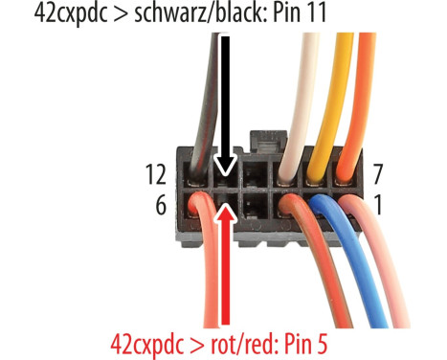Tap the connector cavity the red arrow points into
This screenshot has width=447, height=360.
click(226, 201)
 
